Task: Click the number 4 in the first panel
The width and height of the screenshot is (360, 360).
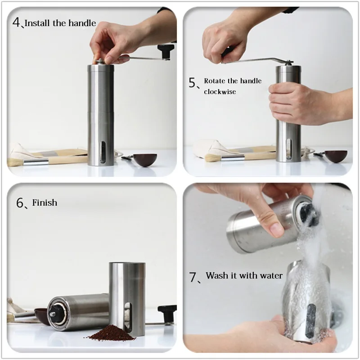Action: click(17, 22)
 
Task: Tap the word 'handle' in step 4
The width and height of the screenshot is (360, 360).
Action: click(82, 23)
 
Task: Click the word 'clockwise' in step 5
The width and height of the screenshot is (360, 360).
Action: click(220, 92)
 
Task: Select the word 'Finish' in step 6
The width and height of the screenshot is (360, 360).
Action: click(45, 202)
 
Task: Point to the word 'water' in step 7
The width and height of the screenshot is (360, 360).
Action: click(270, 275)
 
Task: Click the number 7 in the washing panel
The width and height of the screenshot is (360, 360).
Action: click(193, 277)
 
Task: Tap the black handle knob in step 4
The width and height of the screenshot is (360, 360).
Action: click(166, 52)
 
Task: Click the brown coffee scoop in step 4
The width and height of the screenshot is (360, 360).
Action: click(145, 160)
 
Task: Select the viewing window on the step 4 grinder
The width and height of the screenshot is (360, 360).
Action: click(103, 153)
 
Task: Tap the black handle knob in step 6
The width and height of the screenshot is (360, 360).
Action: click(167, 311)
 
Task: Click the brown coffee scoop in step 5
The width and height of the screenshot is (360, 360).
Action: click(336, 156)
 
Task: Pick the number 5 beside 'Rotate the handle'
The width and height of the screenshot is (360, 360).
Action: click(192, 82)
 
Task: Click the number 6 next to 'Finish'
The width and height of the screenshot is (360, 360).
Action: click(20, 203)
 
